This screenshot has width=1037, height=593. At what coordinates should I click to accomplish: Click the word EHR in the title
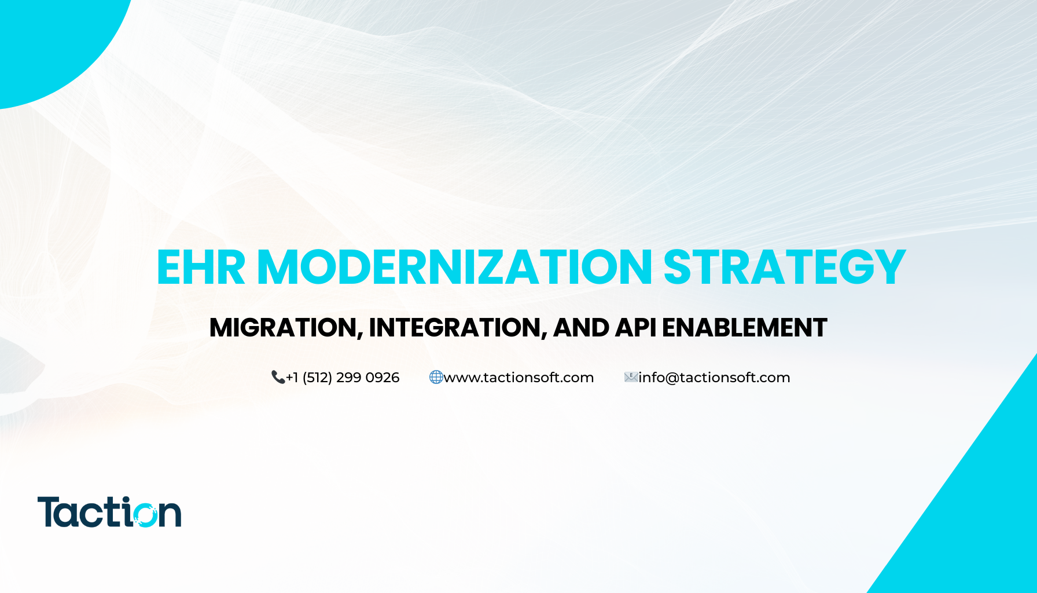pyautogui.click(x=201, y=267)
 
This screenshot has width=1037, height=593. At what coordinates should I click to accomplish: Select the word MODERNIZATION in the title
pyautogui.click(x=455, y=267)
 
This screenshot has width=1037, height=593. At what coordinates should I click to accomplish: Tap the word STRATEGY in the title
pyautogui.click(x=784, y=267)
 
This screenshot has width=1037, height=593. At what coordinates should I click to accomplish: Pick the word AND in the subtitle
pyautogui.click(x=581, y=328)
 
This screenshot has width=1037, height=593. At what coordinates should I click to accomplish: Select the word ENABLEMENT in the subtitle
pyautogui.click(x=744, y=328)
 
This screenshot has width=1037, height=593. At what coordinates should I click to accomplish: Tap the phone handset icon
pyautogui.click(x=278, y=378)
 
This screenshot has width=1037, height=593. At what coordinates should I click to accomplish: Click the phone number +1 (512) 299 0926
pyautogui.click(x=343, y=378)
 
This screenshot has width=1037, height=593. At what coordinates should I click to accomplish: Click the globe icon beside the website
pyautogui.click(x=436, y=378)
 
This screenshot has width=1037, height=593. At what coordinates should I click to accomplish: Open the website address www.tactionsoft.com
pyautogui.click(x=518, y=378)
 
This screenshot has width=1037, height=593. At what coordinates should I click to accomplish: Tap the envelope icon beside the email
pyautogui.click(x=631, y=378)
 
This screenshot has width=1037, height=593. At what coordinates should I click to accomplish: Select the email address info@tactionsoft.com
pyautogui.click(x=714, y=378)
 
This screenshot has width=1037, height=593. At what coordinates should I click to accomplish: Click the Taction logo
pyautogui.click(x=109, y=512)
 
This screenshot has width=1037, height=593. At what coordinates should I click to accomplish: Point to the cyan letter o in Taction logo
pyautogui.click(x=144, y=514)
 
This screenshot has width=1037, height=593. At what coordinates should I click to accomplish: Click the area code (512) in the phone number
pyautogui.click(x=317, y=378)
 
